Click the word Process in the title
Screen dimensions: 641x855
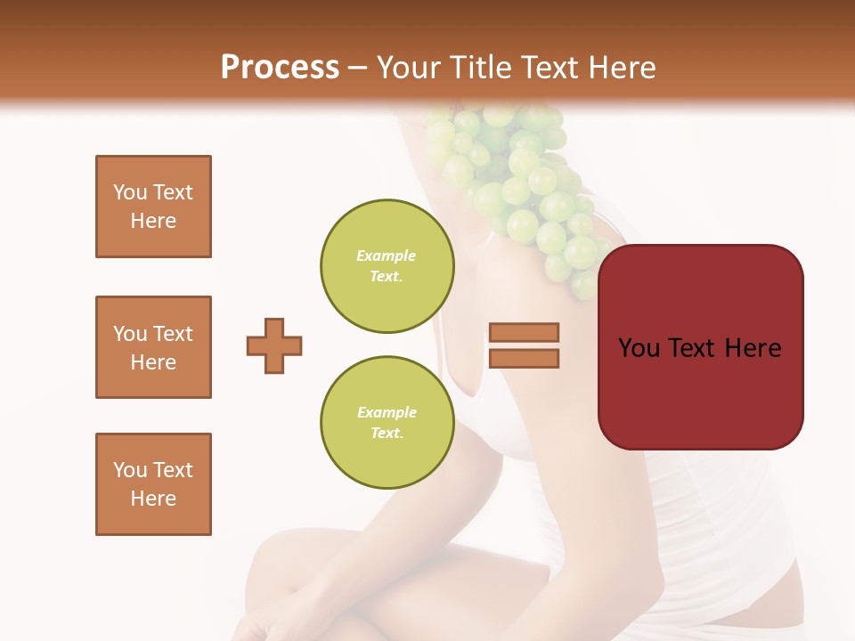(280, 68)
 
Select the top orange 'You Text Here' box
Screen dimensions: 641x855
(153, 207)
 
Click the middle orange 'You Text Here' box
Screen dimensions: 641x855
(153, 347)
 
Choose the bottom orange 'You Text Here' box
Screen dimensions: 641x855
(153, 484)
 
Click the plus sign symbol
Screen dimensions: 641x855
(274, 345)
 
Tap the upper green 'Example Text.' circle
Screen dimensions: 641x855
(387, 266)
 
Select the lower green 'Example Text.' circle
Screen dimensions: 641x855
(387, 423)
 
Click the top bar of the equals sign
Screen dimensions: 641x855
(524, 332)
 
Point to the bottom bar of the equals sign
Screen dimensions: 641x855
(524, 359)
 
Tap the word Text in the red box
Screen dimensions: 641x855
(698, 348)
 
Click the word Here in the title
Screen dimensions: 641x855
(621, 68)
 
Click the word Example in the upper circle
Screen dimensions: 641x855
(387, 256)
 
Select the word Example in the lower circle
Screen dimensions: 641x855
(387, 412)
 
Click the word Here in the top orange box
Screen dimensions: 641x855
(153, 221)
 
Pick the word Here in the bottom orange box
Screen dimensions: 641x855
(153, 499)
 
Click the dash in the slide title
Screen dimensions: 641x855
(358, 69)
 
